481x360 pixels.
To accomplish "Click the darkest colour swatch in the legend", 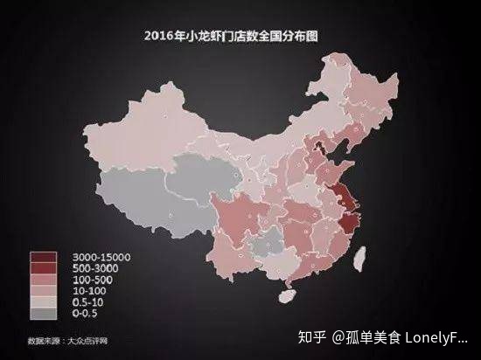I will [x=42, y=256].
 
